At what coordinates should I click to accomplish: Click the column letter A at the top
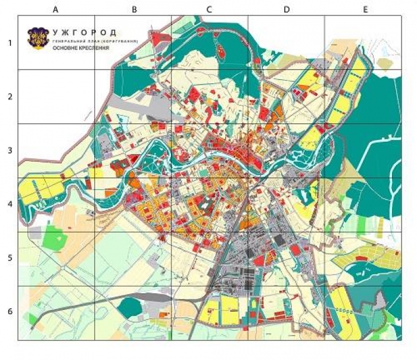(55, 10)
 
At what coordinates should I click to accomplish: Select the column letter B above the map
(135, 10)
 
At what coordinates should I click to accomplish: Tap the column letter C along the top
(209, 10)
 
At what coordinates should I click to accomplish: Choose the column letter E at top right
(365, 10)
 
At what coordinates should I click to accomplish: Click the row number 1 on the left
(10, 43)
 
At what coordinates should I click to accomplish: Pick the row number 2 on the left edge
(10, 96)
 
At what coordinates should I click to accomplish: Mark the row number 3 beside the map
(10, 151)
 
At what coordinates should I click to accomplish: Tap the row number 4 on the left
(10, 204)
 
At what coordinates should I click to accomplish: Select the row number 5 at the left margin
(10, 259)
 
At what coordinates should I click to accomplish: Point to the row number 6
(10, 312)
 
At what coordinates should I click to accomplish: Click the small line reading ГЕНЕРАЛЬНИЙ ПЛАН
(74, 40)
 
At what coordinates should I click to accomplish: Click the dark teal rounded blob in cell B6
(129, 307)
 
